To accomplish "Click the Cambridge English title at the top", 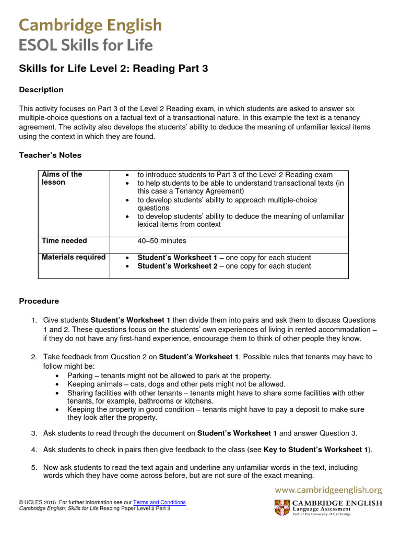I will [90, 25].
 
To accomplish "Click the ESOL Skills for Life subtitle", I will [86, 45].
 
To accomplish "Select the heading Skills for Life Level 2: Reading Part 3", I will [113, 69].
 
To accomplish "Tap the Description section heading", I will [41, 90].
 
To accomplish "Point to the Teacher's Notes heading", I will [50, 155].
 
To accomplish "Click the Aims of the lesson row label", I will [62, 178].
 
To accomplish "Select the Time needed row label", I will [64, 241].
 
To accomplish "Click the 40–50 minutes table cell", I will [161, 241].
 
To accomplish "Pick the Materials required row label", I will [73, 257].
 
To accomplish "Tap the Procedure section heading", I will [39, 301].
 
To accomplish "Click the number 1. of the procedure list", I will [33, 320].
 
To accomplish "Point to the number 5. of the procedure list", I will [33, 468].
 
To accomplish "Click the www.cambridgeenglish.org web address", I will [328, 490].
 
